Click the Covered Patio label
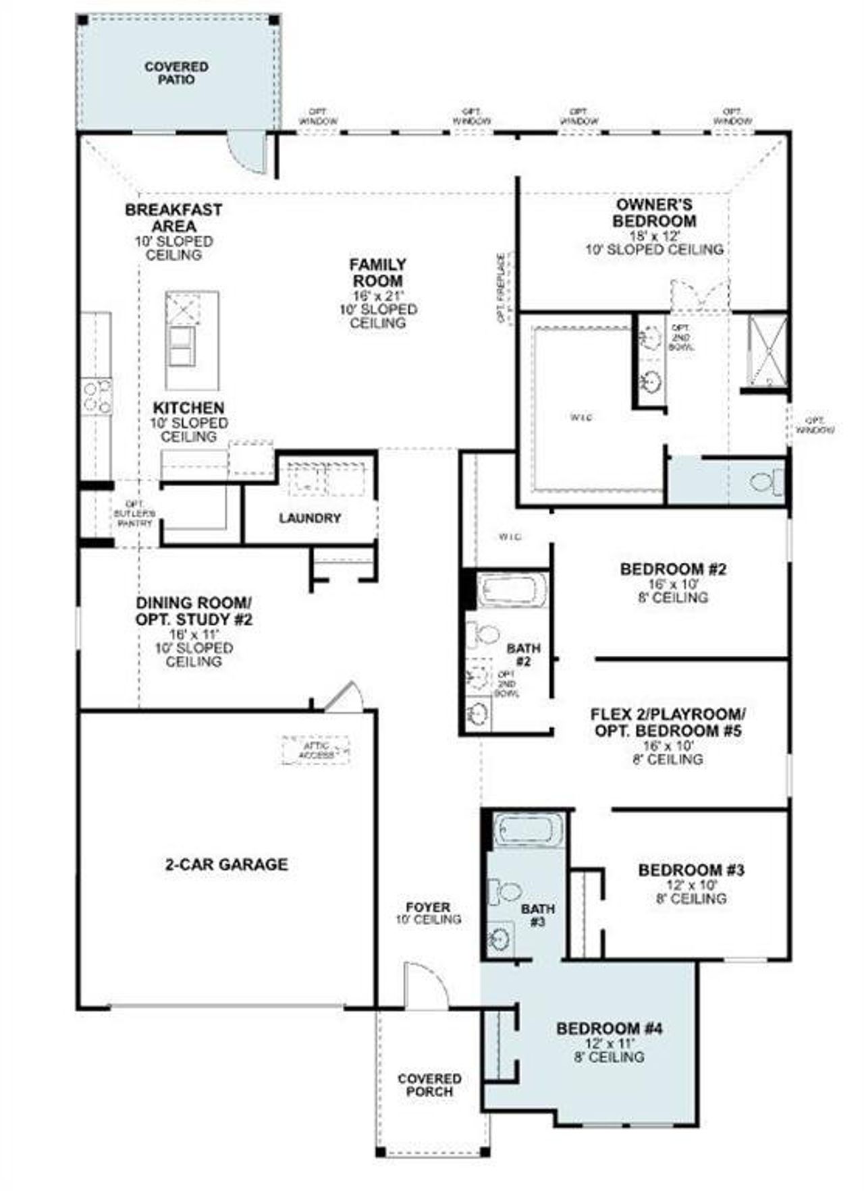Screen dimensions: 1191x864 [x=176, y=73]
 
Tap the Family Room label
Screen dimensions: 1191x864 [x=377, y=272]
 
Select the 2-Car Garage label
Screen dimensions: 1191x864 [x=226, y=864]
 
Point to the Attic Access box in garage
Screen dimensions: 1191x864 [x=316, y=750]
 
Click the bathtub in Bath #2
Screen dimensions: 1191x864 [x=512, y=590]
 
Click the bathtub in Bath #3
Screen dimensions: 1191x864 [x=528, y=830]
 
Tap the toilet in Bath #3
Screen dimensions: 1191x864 [x=504, y=892]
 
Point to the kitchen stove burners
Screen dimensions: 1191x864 [x=96, y=396]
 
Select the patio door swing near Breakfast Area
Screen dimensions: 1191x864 [x=248, y=152]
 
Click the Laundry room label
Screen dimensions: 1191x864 [x=310, y=518]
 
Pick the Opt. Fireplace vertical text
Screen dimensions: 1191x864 [x=502, y=287]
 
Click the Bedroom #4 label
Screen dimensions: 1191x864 [x=609, y=1028]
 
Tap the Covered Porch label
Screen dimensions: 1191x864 [x=429, y=1084]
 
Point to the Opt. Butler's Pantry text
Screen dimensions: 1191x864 [x=134, y=514]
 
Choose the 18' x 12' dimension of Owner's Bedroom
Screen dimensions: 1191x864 [x=653, y=236]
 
